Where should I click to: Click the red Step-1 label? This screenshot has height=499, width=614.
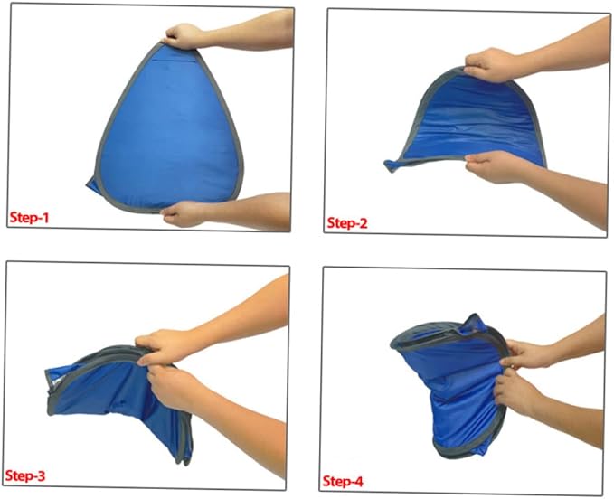[29, 218]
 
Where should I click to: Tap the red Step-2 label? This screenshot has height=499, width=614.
[347, 223]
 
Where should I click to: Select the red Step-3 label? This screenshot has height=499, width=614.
[25, 475]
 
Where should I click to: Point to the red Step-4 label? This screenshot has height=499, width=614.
[343, 481]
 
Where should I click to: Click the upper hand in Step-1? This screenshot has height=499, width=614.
[183, 36]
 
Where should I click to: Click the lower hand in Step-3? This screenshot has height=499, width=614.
[173, 385]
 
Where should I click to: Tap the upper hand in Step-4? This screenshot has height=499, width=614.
[524, 354]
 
